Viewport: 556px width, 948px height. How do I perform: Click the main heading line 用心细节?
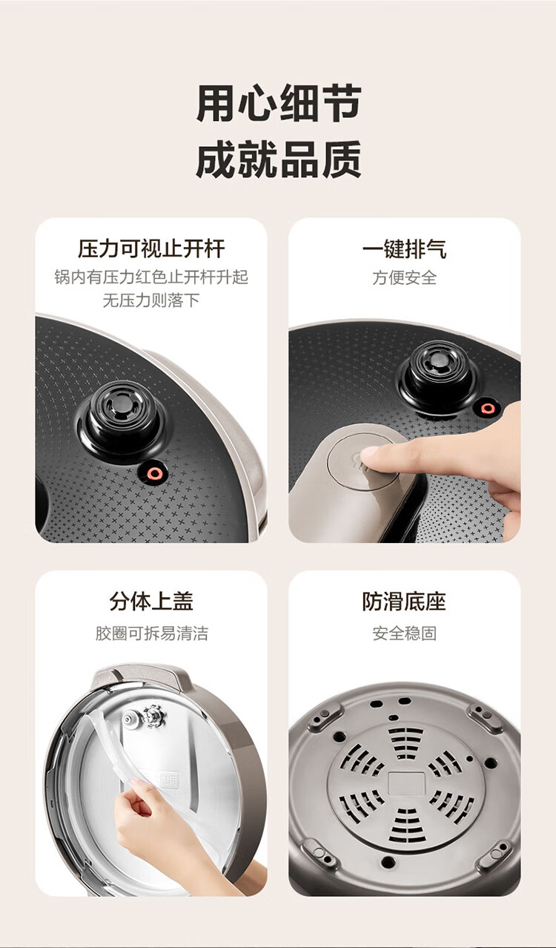click(x=279, y=103)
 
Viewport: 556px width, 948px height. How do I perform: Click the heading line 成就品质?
click(x=279, y=159)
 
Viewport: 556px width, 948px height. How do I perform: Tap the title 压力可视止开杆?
click(x=151, y=248)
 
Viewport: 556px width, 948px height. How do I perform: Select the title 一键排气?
click(x=404, y=248)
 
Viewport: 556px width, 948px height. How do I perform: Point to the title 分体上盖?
click(x=151, y=602)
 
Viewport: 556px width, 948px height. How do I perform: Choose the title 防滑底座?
click(x=404, y=602)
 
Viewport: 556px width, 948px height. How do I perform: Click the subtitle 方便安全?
click(x=404, y=277)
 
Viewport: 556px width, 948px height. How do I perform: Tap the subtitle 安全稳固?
click(x=404, y=633)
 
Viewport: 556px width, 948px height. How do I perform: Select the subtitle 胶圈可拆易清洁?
click(x=151, y=633)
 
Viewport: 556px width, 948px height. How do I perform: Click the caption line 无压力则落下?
click(x=151, y=300)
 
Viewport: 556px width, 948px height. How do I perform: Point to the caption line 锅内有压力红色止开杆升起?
click(x=151, y=277)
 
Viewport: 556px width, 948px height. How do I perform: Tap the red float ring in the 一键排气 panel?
click(x=488, y=409)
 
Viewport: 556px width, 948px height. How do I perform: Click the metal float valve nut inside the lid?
click(x=153, y=715)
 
